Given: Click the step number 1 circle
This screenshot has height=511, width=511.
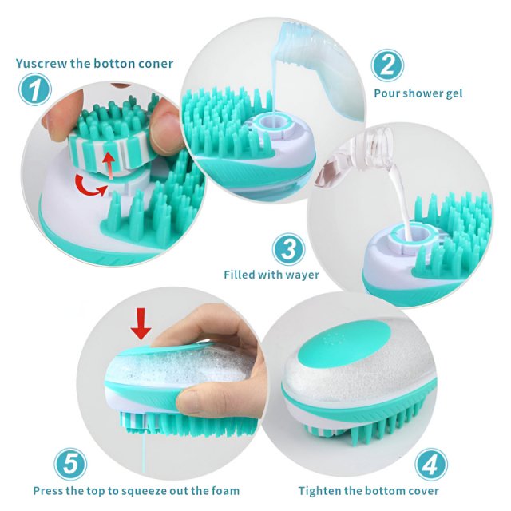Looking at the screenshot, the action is (x=35, y=89).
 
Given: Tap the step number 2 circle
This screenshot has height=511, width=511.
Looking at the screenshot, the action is (x=387, y=65).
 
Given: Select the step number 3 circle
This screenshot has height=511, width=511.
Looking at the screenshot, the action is (x=289, y=249).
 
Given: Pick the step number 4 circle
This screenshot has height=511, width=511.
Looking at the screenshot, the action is (x=431, y=465).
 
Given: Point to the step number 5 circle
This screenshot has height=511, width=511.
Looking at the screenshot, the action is (x=70, y=464).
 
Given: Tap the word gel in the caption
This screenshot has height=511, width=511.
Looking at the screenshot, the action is (x=453, y=93).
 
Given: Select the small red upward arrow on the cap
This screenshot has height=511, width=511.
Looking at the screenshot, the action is (x=109, y=165).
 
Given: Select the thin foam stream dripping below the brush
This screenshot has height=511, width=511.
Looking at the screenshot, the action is (x=142, y=454).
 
